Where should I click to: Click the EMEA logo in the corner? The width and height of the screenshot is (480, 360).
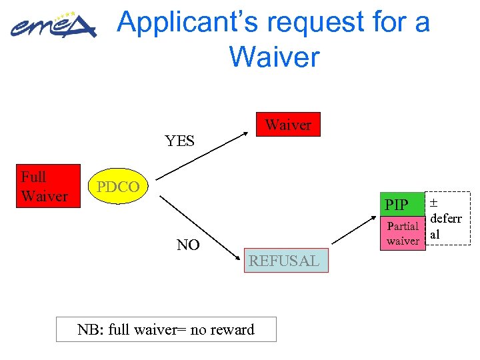pos(53,27)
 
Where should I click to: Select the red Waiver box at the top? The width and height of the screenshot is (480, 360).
pos(289,125)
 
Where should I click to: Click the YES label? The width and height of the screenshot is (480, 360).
pos(179,141)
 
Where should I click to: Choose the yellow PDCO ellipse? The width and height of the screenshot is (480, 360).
pos(118,187)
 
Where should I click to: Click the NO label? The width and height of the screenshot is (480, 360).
pos(188,245)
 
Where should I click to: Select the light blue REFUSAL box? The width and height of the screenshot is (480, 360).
pos(284,261)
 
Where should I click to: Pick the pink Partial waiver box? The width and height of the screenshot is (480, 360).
pos(403,233)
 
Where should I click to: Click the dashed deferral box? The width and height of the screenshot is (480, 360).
pos(448,219)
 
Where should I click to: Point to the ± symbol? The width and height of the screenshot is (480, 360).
pos(433,202)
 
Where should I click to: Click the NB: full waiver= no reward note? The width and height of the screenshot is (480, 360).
pos(166,329)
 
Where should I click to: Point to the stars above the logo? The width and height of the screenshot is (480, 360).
pos(65,15)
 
